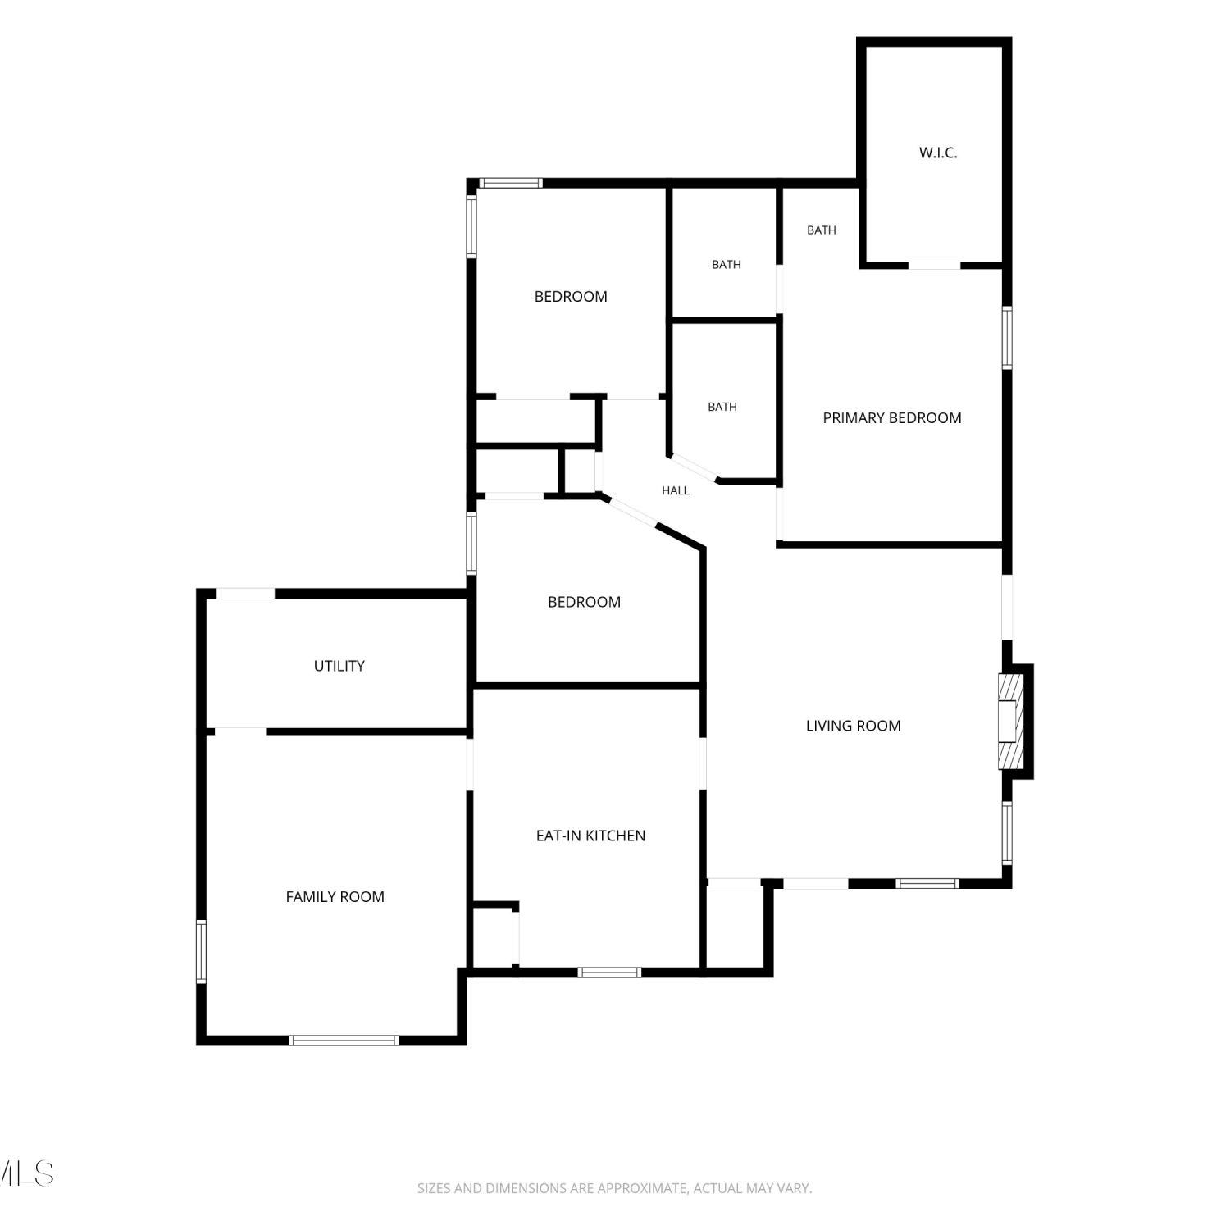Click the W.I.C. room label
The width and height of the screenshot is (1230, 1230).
938,153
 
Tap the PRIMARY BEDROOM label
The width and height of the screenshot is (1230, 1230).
892,418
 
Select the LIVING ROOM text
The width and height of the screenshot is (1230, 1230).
853,726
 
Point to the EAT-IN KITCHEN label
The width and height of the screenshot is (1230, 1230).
590,836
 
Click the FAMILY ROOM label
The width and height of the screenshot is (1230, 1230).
335,897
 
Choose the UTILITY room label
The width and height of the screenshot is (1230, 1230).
339,666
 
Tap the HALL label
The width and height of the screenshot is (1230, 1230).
676,490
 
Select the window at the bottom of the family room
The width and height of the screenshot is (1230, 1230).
344,1041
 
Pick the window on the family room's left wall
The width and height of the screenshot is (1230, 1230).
201,951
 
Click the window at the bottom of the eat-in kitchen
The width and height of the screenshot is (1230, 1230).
609,973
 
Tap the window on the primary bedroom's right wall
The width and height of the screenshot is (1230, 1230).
1007,337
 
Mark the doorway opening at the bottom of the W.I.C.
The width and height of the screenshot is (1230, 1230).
934,265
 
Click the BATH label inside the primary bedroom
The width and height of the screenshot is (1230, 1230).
822,230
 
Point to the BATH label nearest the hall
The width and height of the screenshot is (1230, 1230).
722,407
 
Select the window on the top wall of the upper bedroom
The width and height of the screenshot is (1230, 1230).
510,183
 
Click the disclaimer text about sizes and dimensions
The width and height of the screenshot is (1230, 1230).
614,1188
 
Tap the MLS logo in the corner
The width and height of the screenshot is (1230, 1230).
26,1173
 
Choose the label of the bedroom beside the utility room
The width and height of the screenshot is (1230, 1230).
584,602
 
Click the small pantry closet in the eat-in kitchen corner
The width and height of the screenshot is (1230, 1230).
494,937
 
